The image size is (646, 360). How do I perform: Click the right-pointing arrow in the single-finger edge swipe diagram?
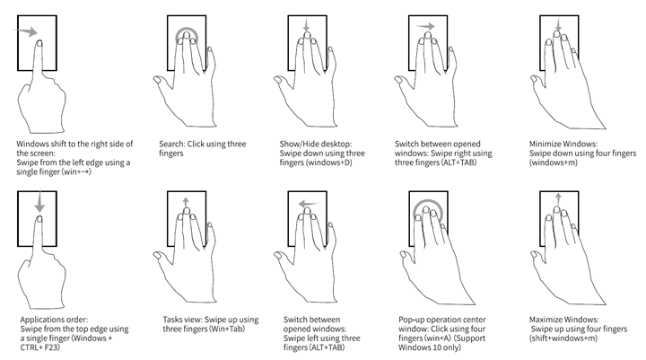pyautogui.click(x=25, y=31)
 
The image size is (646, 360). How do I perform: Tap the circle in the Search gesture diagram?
pyautogui.click(x=187, y=29)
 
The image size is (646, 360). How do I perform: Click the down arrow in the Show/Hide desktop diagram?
pyautogui.click(x=306, y=25)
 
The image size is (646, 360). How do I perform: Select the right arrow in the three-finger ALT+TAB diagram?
pyautogui.click(x=424, y=26)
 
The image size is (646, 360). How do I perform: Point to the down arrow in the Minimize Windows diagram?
pyautogui.click(x=558, y=25)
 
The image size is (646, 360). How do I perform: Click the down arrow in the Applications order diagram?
pyautogui.click(x=39, y=201)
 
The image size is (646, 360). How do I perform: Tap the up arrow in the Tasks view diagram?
pyautogui.click(x=186, y=203)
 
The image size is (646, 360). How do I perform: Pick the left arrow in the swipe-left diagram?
pyautogui.click(x=308, y=203)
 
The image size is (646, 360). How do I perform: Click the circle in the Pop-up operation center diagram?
pyautogui.click(x=428, y=201)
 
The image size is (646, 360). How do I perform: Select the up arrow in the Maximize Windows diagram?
pyautogui.click(x=558, y=199)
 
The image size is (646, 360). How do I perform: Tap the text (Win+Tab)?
pyautogui.click(x=227, y=329)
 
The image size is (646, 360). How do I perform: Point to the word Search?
pyautogui.click(x=171, y=144)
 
